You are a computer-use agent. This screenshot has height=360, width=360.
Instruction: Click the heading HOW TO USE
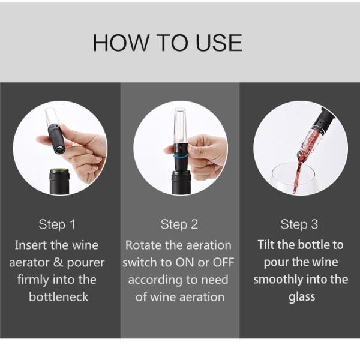click(167, 43)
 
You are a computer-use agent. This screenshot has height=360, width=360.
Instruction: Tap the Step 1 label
click(57, 224)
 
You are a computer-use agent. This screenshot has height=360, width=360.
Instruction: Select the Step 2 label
click(179, 224)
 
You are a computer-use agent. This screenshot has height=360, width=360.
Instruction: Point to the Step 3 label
click(299, 224)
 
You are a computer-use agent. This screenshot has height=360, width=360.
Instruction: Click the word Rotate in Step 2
click(142, 245)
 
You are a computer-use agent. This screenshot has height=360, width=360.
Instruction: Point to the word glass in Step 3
click(300, 297)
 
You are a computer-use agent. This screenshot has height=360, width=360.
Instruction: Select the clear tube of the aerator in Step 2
click(179, 126)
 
